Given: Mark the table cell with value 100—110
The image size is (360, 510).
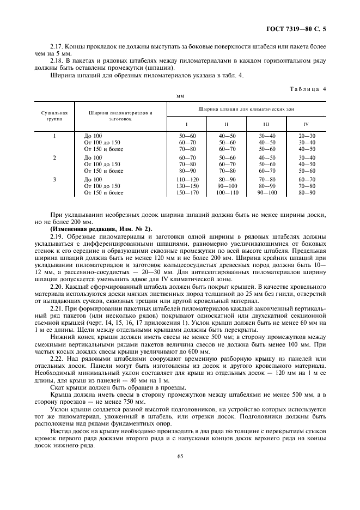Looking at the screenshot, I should pyautogui.click(x=226, y=192).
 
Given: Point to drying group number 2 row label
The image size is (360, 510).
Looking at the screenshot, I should pyautogui.click(x=54, y=157).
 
